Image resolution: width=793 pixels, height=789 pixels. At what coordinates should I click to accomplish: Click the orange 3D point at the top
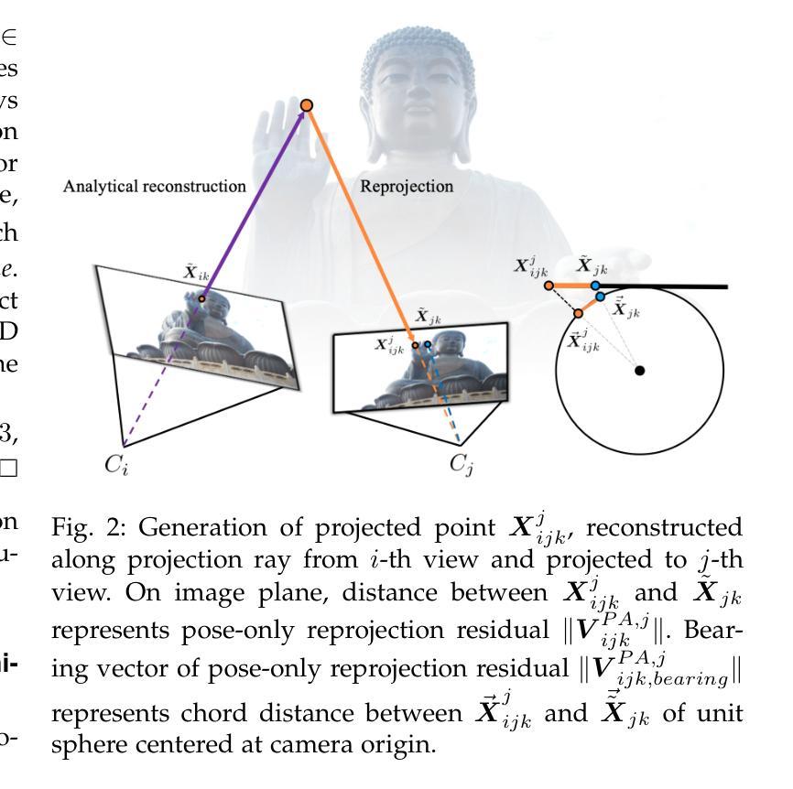point(307,105)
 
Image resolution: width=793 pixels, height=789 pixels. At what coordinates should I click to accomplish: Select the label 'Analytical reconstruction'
point(154,187)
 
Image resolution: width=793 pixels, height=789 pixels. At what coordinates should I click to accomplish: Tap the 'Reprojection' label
point(407,187)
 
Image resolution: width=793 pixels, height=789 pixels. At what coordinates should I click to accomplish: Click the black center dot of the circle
point(640,370)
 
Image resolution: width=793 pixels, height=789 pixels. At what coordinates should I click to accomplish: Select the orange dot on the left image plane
point(201,298)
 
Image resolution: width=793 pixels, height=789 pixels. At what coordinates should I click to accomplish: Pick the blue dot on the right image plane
point(428,344)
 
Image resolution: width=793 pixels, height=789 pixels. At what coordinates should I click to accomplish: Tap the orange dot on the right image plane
point(415,345)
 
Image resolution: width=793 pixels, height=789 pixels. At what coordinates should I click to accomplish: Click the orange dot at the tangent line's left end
point(549,286)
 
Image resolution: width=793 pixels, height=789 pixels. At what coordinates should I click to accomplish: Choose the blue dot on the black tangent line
point(595,286)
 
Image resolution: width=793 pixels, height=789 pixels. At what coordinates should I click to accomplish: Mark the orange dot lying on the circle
point(579,313)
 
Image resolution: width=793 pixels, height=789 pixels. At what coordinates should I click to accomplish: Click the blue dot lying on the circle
point(600,297)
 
